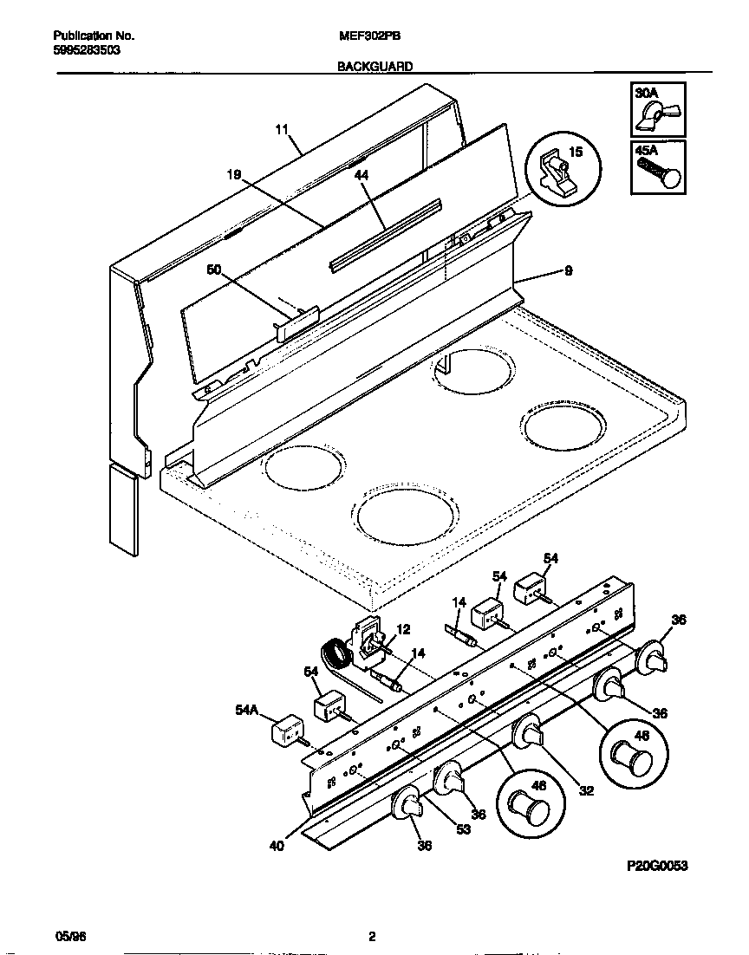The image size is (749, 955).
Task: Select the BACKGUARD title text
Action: (x=374, y=66)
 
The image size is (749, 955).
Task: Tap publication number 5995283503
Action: (x=87, y=50)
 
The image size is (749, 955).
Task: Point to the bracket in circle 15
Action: (x=551, y=171)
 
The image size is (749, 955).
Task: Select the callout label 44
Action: (x=361, y=174)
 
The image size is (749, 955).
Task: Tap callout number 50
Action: (x=214, y=270)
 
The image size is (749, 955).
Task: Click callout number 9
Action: (x=568, y=270)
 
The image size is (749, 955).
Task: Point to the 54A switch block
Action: (x=288, y=731)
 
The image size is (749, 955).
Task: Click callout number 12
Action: (x=403, y=629)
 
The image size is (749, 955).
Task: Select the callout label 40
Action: (x=277, y=848)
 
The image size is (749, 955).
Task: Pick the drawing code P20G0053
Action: (x=657, y=866)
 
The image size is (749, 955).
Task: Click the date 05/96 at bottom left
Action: (x=67, y=937)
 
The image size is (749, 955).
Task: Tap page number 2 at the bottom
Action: (x=372, y=937)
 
